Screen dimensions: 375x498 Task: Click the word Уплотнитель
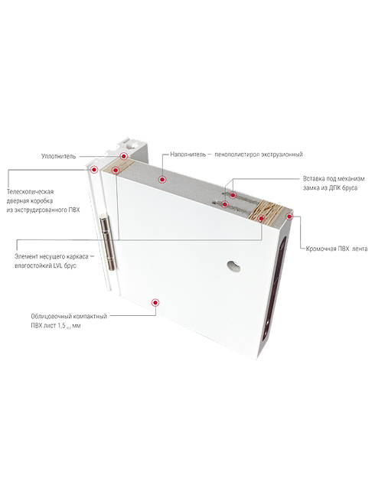click(x=58, y=157)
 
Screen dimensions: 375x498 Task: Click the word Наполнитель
click(x=187, y=155)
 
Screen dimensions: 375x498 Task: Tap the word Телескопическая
click(x=30, y=192)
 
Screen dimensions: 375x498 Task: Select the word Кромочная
click(x=321, y=249)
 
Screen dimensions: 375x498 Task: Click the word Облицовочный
click(x=51, y=317)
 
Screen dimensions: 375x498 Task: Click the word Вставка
click(x=314, y=178)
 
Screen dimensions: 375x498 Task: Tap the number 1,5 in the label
click(x=61, y=326)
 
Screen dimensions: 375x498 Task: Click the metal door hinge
click(x=108, y=242)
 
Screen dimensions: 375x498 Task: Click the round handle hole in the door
click(x=234, y=266)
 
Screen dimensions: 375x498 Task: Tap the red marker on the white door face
click(x=155, y=302)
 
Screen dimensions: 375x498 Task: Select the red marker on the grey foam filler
click(x=162, y=180)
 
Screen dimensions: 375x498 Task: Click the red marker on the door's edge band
click(x=289, y=216)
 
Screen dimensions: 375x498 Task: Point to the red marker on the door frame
click(x=94, y=170)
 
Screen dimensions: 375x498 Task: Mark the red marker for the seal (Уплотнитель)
click(x=124, y=156)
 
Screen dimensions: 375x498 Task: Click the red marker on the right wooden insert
click(x=261, y=218)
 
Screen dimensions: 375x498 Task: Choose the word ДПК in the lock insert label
click(x=336, y=188)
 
